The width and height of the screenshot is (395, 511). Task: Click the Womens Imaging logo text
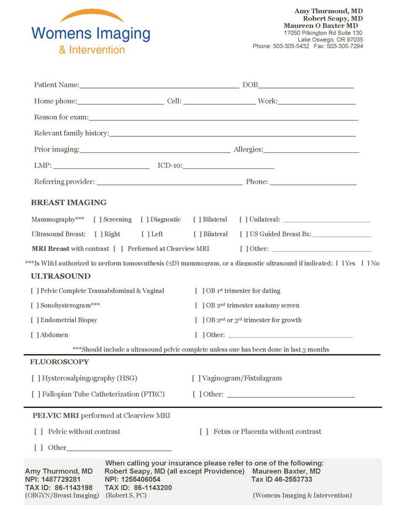pyautogui.click(x=91, y=34)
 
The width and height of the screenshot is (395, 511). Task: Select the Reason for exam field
pyautogui.click(x=223, y=119)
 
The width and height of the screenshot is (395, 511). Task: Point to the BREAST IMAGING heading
pyautogui.click(x=68, y=203)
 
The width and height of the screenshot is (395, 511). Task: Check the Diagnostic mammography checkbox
pyautogui.click(x=145, y=220)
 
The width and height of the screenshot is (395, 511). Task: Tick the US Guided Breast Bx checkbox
pyautogui.click(x=244, y=234)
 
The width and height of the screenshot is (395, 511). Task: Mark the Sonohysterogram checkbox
pyautogui.click(x=35, y=305)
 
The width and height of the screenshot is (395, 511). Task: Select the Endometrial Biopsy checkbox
pyautogui.click(x=35, y=320)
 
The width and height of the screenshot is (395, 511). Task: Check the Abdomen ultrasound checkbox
pyautogui.click(x=35, y=335)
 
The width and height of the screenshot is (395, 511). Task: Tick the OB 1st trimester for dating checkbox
pyautogui.click(x=199, y=291)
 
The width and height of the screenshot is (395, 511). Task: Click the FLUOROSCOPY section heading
pyautogui.click(x=59, y=362)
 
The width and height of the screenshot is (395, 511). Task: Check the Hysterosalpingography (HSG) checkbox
pyautogui.click(x=37, y=379)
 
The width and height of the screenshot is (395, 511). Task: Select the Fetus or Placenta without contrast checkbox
pyautogui.click(x=204, y=432)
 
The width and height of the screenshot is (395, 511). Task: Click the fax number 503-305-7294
pyautogui.click(x=345, y=46)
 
